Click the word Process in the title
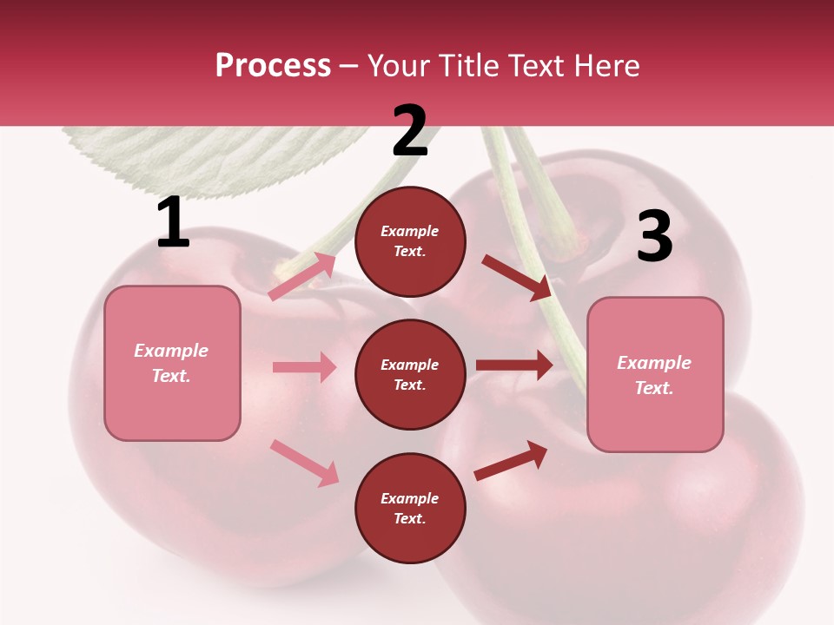pyautogui.click(x=273, y=66)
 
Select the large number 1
pyautogui.click(x=173, y=222)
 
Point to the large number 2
pyautogui.click(x=410, y=131)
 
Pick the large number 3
pyautogui.click(x=654, y=237)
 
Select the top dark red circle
pyautogui.click(x=410, y=241)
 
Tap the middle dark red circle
pyautogui.click(x=410, y=374)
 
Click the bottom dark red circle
pyautogui.click(x=410, y=508)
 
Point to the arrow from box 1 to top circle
pyautogui.click(x=302, y=277)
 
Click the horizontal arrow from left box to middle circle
pyautogui.click(x=304, y=367)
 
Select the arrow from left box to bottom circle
pyautogui.click(x=304, y=463)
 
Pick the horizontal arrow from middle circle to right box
pyautogui.click(x=513, y=365)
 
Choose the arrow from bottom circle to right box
pyautogui.click(x=511, y=460)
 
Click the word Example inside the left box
pyautogui.click(x=171, y=351)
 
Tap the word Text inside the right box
pyautogui.click(x=654, y=388)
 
